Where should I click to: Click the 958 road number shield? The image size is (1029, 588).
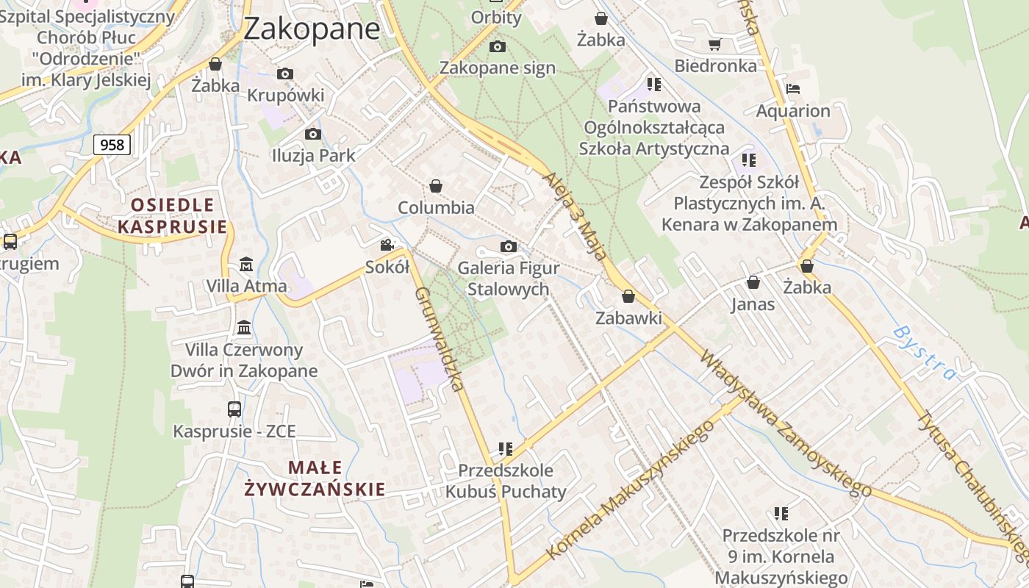click(112, 145)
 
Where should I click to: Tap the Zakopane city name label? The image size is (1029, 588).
click(311, 29)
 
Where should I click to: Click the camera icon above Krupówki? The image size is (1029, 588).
click(285, 73)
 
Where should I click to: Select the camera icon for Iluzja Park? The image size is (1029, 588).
click(312, 134)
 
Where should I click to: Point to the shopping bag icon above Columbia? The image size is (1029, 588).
click(436, 186)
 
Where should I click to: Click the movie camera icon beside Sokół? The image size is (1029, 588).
click(387, 245)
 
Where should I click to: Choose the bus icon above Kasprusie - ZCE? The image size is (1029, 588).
click(234, 409)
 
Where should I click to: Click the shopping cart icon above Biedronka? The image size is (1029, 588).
click(714, 44)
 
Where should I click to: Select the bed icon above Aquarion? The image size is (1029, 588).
click(792, 90)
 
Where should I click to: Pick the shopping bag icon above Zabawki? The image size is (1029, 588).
click(628, 296)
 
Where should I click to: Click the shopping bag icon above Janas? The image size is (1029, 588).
click(753, 282)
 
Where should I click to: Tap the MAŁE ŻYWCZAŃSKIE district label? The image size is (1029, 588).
click(315, 478)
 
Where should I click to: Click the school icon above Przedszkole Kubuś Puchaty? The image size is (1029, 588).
click(505, 448)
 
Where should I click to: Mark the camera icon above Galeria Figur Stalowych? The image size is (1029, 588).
click(508, 246)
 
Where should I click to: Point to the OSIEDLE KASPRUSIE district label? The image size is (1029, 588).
click(173, 215)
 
